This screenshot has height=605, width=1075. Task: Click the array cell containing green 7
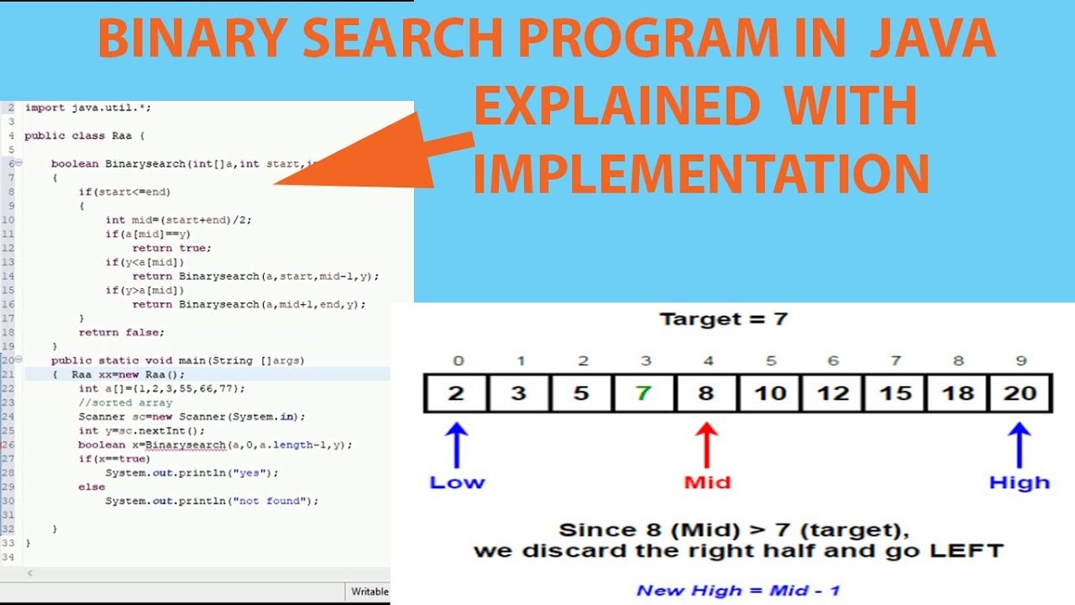click(x=643, y=392)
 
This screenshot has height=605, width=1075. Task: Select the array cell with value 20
click(x=1019, y=392)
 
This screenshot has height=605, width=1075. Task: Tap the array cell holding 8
click(x=706, y=392)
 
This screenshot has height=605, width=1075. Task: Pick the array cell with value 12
click(x=831, y=392)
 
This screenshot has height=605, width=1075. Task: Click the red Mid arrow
click(x=706, y=445)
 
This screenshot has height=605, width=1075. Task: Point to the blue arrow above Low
click(x=456, y=445)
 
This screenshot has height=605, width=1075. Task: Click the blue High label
click(x=1019, y=482)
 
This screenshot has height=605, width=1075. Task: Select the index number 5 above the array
click(x=770, y=360)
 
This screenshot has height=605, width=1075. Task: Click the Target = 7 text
click(x=723, y=319)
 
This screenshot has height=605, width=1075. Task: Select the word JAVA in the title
click(x=931, y=39)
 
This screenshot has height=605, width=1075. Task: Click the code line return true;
click(x=171, y=248)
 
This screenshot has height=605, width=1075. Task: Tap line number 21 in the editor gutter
click(x=8, y=374)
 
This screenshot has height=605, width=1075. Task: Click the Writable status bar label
click(x=370, y=592)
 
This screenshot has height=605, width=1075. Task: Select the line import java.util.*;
click(x=87, y=108)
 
